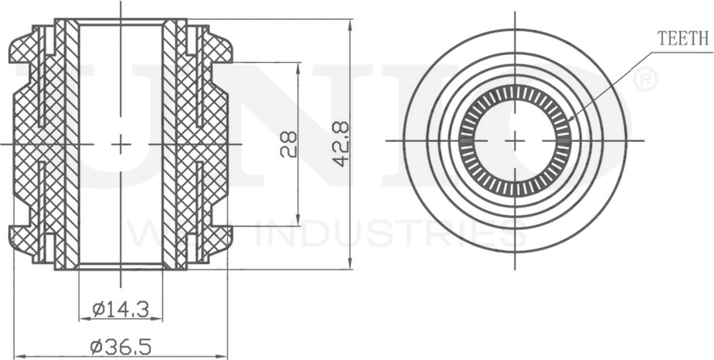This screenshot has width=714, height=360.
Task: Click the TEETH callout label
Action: tap(683, 38)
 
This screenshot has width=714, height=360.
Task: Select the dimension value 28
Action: tap(288, 144)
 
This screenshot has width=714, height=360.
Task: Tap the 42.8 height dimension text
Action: tap(341, 144)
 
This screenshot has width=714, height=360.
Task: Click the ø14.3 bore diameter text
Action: tap(120, 309)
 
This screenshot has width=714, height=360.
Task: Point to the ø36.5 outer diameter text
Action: tap(120, 346)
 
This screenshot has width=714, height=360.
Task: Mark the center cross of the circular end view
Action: tap(515, 140)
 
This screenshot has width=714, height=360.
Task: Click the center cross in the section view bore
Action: tap(120, 144)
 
